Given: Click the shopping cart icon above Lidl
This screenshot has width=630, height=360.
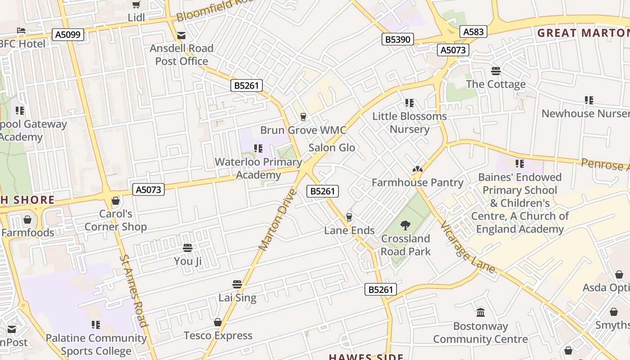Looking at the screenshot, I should click(x=136, y=4).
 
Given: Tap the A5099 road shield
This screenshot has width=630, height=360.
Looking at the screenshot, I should click(x=68, y=35).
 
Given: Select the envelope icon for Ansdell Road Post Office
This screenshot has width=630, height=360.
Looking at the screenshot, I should click(x=181, y=35).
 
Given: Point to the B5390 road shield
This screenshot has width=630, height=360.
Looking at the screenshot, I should click(x=398, y=39).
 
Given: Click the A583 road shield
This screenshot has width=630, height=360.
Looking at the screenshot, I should click(x=473, y=31).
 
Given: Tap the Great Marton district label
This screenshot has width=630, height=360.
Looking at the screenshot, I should click(x=583, y=33).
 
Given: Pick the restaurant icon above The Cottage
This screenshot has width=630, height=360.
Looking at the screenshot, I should click(x=495, y=71).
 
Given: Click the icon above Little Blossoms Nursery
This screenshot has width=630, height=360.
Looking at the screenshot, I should click(x=409, y=103).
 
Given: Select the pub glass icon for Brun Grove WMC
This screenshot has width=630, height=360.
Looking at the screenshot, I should click(x=303, y=117).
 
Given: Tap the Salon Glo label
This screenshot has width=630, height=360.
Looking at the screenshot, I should click(x=332, y=148).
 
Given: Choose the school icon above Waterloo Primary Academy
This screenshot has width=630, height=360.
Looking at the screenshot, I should click(x=258, y=148).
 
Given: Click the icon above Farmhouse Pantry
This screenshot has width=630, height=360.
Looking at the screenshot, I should click(x=417, y=169).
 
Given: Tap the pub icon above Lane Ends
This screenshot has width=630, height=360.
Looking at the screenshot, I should click(x=349, y=217).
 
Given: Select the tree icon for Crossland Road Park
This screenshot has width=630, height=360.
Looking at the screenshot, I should click(x=405, y=225).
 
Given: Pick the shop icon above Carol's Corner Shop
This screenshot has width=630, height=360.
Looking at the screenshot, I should click(x=116, y=201).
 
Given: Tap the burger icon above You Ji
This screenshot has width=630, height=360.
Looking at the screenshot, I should click(x=188, y=247).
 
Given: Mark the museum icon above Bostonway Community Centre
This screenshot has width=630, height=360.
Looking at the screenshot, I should click(x=481, y=312).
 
